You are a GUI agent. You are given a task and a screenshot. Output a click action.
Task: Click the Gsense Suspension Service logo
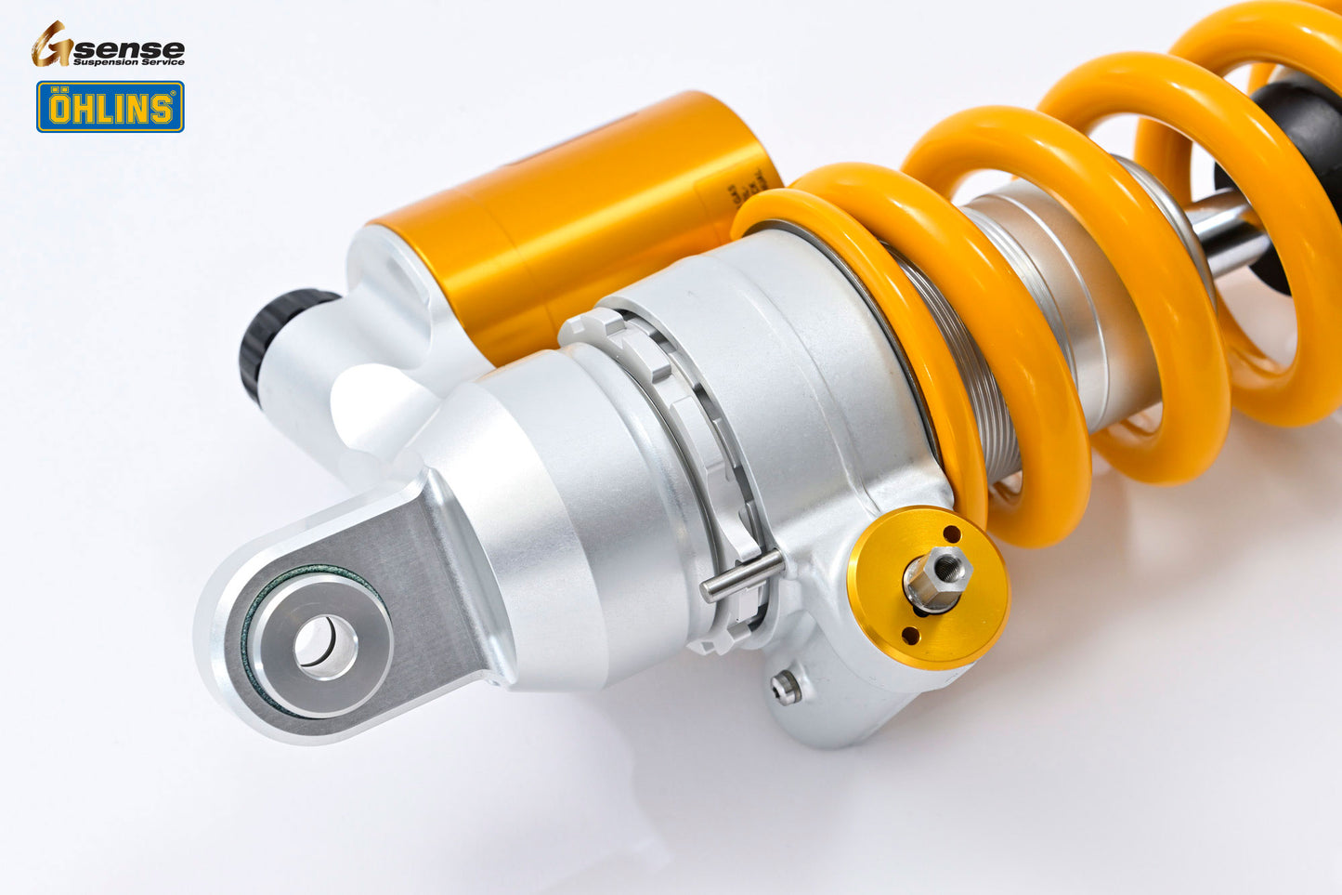[x=108, y=46]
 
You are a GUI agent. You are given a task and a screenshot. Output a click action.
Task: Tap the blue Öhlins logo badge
[x=110, y=107]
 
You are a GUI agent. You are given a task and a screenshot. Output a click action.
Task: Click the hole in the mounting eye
[x=325, y=642]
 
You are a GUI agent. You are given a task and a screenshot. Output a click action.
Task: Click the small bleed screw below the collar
[x=786, y=687]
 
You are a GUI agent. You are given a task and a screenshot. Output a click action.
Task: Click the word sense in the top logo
[x=139, y=48]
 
